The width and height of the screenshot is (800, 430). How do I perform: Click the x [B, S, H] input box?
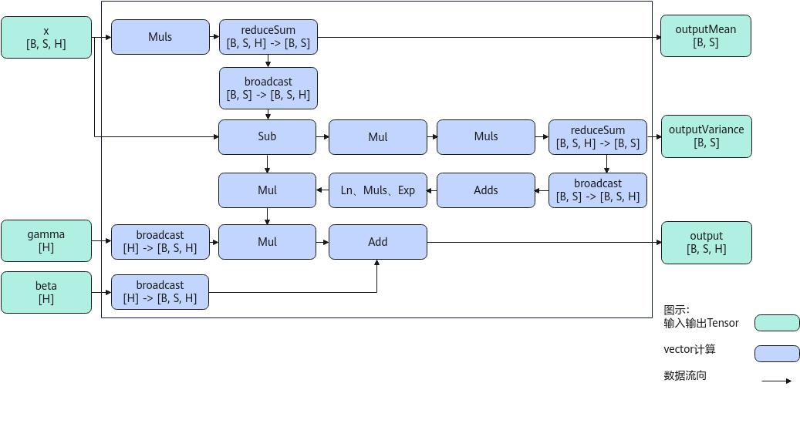pos(46,37)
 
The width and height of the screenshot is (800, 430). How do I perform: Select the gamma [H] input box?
pos(46,241)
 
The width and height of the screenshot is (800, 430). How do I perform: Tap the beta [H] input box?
pos(46,292)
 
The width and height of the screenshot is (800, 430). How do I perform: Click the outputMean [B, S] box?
pos(706,35)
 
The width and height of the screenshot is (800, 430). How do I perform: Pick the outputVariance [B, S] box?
pos(707,136)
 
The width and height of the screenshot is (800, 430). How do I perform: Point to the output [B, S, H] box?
pos(707,243)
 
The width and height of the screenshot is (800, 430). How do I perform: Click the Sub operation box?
pos(268,137)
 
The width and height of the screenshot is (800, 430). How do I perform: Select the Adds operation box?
pos(486,190)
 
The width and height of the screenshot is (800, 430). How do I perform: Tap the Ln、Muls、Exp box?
pos(378,190)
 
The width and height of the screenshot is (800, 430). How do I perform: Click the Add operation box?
pos(378,242)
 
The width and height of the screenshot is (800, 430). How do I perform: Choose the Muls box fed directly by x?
pos(160,37)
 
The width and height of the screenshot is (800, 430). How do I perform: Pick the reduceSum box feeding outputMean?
pos(268,37)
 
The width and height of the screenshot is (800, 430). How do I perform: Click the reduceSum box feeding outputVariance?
pos(598,137)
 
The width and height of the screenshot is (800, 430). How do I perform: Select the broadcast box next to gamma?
pos(160,242)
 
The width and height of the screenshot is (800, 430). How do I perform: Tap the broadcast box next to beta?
pos(160,292)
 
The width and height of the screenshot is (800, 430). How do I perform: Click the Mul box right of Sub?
pos(378,137)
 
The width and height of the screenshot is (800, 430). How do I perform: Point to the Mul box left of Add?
pos(268,242)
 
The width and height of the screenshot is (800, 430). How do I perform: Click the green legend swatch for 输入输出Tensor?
pos(777,323)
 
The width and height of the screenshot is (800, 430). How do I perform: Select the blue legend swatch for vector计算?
pos(777,354)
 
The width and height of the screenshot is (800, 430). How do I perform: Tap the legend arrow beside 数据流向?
pos(777,381)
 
